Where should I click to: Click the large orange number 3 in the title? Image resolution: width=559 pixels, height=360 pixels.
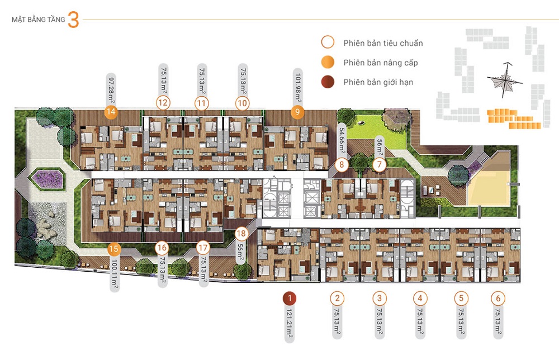pyautogui.click(x=73, y=21)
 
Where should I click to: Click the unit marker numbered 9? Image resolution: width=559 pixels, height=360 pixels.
pyautogui.click(x=297, y=112)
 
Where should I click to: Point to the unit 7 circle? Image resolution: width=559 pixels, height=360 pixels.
pyautogui.click(x=380, y=165)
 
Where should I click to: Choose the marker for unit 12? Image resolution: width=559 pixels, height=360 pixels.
pyautogui.click(x=163, y=103)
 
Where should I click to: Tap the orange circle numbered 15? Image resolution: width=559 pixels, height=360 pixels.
pyautogui.click(x=114, y=249)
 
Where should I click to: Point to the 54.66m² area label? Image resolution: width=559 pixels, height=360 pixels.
pyautogui.click(x=342, y=142)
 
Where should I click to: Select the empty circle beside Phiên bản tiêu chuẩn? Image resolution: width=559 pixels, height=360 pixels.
pyautogui.click(x=328, y=42)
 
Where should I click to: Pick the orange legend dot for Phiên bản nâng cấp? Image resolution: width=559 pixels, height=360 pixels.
pyautogui.click(x=328, y=62)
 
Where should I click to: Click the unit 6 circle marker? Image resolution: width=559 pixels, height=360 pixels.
pyautogui.click(x=499, y=299)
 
